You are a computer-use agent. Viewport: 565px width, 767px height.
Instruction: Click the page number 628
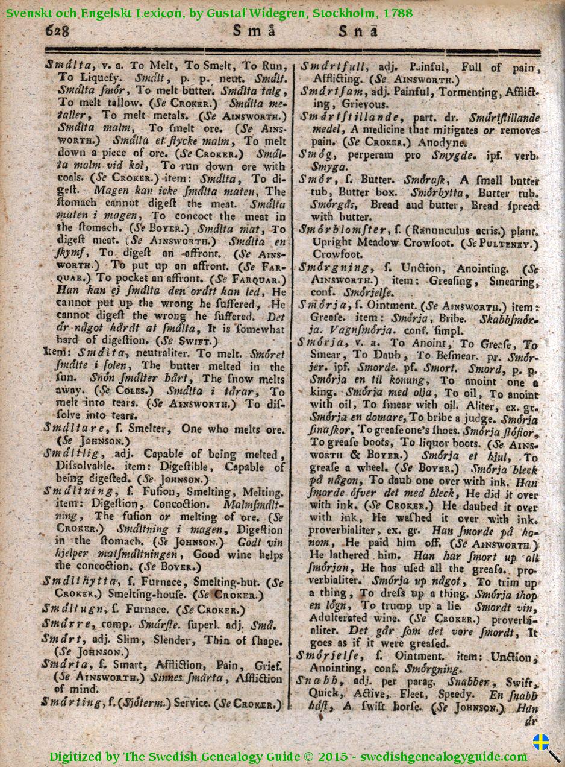point(57,30)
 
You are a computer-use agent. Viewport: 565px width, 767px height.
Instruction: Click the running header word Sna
point(358,30)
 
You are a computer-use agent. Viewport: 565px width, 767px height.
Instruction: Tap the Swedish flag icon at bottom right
point(542,742)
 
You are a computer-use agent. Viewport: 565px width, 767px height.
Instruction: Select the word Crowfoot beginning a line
point(332,254)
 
